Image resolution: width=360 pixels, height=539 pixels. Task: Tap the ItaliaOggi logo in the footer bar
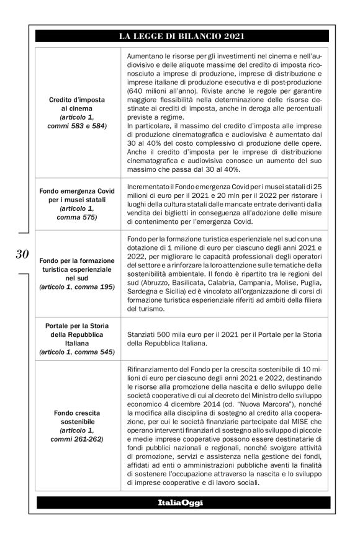180,501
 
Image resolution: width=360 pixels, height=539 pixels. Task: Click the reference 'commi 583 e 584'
77,126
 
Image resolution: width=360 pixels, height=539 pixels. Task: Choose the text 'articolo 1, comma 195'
77,287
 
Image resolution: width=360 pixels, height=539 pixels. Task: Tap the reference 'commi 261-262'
77,439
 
